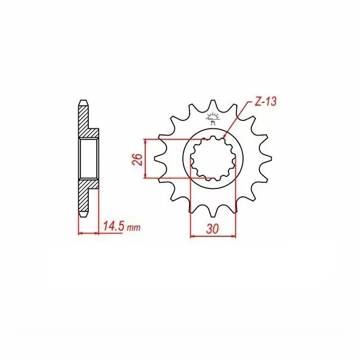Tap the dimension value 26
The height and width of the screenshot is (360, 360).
136,159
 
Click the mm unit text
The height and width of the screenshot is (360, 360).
133,228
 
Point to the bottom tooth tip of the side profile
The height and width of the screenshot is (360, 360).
83,216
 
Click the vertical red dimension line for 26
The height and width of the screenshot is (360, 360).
146,159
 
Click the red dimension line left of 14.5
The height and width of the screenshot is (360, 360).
88,232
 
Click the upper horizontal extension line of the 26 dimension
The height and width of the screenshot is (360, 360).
169,139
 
